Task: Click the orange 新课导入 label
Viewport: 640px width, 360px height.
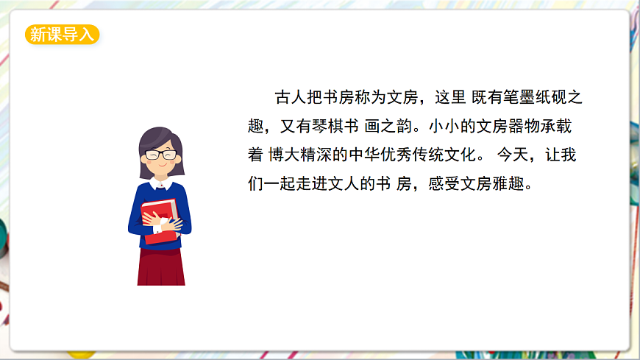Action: pyautogui.click(x=62, y=34)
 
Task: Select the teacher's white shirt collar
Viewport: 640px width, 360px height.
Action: pyautogui.click(x=161, y=183)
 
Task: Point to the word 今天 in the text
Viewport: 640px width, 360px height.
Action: pyautogui.click(x=513, y=155)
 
